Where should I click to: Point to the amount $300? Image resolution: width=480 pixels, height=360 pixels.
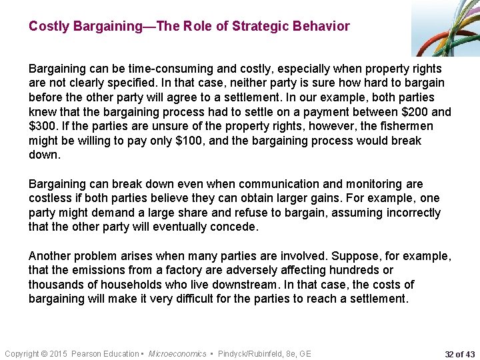pyautogui.click(x=41, y=126)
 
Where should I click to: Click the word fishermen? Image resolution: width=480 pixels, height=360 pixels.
pyautogui.click(x=405, y=126)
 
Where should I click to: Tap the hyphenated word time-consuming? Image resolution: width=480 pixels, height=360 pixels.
pyautogui.click(x=151, y=69)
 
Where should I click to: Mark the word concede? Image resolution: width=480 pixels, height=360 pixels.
pyautogui.click(x=233, y=227)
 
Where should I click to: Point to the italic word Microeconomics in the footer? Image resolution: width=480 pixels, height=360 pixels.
pyautogui.click(x=177, y=353)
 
